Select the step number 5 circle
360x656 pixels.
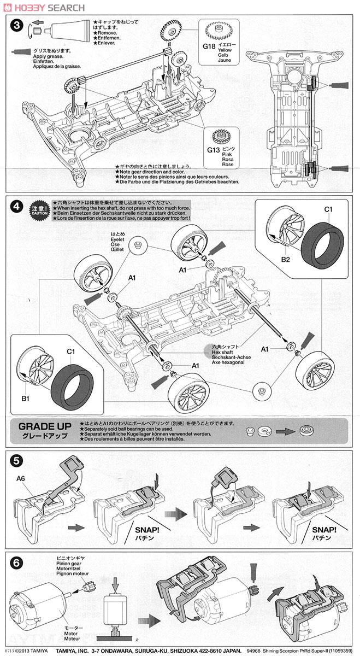tap(17, 460)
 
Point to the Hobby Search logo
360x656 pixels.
tap(44, 8)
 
